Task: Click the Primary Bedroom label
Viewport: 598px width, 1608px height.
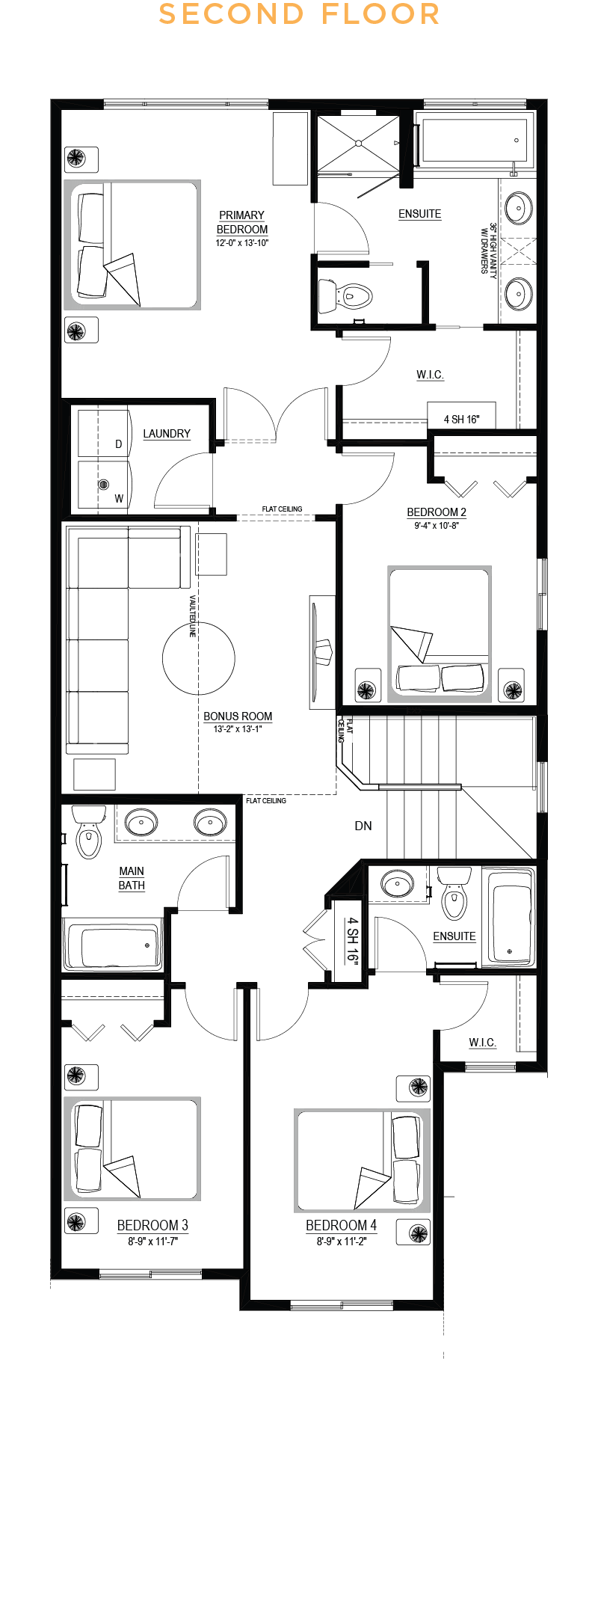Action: (241, 222)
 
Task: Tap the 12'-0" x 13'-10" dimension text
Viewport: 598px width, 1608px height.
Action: (241, 243)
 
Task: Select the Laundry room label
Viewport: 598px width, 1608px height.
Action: (167, 434)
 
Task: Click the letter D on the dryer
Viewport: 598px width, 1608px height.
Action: (118, 444)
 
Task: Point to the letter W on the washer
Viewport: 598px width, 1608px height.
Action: (119, 499)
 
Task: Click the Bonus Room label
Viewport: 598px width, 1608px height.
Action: (238, 716)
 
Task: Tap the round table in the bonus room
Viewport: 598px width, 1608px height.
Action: (199, 659)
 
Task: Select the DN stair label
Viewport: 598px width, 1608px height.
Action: (363, 826)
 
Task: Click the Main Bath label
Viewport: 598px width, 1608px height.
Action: (132, 878)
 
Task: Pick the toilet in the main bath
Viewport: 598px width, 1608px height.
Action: (88, 831)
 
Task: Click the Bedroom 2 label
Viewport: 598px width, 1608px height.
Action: (437, 512)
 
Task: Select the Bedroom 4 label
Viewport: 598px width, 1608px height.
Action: (341, 1225)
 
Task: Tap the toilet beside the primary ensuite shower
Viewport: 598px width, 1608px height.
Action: (345, 296)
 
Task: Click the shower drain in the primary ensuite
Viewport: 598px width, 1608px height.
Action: (359, 143)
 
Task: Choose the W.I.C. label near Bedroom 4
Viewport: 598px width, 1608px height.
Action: (482, 1043)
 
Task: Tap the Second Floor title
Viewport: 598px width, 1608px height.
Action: (299, 14)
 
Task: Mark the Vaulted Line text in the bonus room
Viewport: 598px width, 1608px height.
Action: (192, 616)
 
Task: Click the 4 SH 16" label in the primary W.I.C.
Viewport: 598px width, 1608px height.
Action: (461, 420)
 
